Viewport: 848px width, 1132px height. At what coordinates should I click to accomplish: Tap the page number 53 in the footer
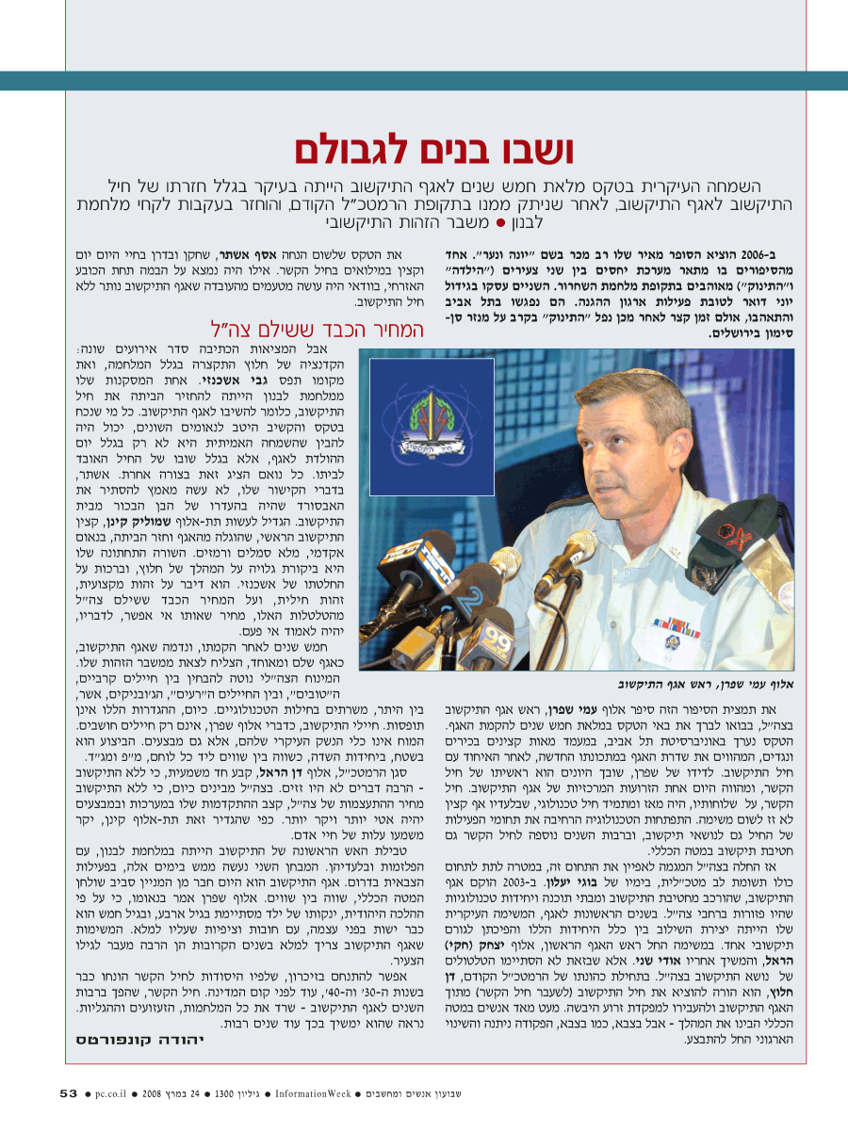(x=68, y=1093)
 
